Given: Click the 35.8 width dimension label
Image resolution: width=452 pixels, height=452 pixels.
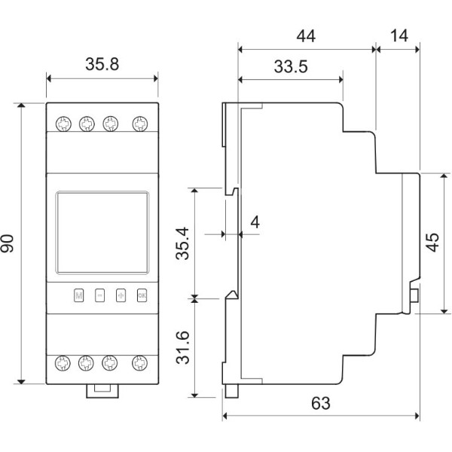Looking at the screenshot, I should click(102, 65).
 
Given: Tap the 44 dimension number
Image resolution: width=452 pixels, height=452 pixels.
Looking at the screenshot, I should click(305, 35).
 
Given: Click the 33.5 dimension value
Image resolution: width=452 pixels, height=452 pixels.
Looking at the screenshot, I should click(290, 67).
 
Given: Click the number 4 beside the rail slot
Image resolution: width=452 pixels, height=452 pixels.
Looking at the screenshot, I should click(254, 222).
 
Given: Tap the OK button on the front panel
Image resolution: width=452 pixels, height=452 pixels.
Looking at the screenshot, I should click(141, 295).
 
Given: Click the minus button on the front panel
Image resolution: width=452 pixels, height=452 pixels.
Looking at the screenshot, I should click(99, 295).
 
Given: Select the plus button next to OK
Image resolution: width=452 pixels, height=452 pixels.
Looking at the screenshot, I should click(121, 295).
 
